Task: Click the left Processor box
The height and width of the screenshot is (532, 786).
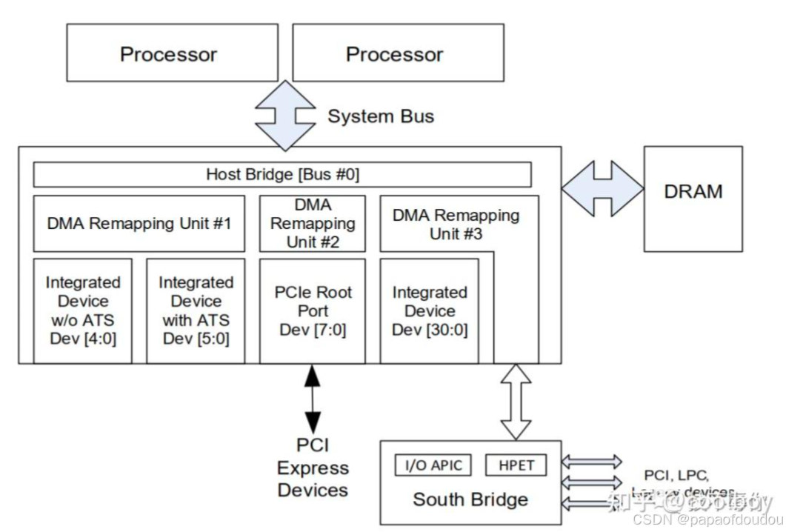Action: pyautogui.click(x=168, y=54)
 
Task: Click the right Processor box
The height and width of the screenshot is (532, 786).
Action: pyautogui.click(x=394, y=54)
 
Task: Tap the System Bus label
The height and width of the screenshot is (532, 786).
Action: pyautogui.click(x=381, y=116)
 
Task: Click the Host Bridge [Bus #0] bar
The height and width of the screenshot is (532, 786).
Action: pyautogui.click(x=282, y=175)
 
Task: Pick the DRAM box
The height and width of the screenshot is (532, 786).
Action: pyautogui.click(x=693, y=193)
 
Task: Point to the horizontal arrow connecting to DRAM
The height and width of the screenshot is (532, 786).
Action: pyautogui.click(x=602, y=189)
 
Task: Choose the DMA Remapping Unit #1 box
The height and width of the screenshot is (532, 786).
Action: pyautogui.click(x=139, y=222)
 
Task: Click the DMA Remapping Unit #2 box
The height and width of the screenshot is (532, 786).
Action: pyautogui.click(x=312, y=223)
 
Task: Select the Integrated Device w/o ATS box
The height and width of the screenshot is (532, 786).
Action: pyautogui.click(x=82, y=310)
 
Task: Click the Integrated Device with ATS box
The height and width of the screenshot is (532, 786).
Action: pyautogui.click(x=196, y=310)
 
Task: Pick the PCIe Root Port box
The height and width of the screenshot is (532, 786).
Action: pyautogui.click(x=312, y=310)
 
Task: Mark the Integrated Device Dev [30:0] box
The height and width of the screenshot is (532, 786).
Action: pyautogui.click(x=430, y=310)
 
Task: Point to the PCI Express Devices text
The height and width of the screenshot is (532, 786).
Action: pyautogui.click(x=313, y=468)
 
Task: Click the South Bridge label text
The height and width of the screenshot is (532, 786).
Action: pyautogui.click(x=470, y=499)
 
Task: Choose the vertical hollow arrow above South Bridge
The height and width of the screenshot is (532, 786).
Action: pyautogui.click(x=516, y=401)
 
